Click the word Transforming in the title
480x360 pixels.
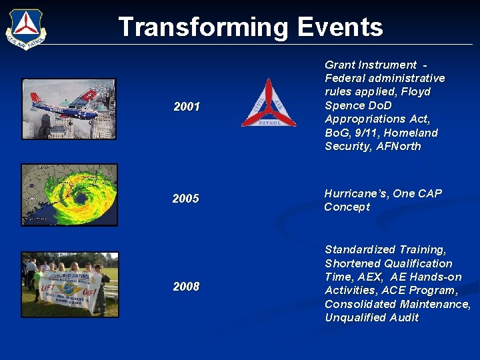203,27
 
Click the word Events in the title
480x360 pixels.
340,27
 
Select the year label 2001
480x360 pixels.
187,107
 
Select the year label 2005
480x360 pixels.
185,199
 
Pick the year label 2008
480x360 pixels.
186,287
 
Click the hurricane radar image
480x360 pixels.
69,195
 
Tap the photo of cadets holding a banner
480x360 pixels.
69,284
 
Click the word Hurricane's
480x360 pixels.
355,193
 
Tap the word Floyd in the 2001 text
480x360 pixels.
415,91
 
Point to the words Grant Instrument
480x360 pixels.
370,65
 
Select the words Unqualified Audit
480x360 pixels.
371,317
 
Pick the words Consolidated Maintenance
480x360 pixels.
397,304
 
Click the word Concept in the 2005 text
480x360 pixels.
347,207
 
